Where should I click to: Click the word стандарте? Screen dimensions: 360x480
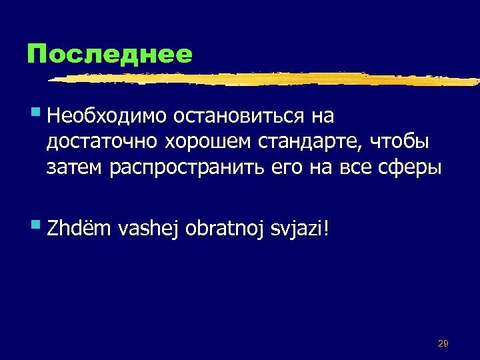[307, 143]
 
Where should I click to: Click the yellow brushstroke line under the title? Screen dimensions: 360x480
[267, 79]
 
